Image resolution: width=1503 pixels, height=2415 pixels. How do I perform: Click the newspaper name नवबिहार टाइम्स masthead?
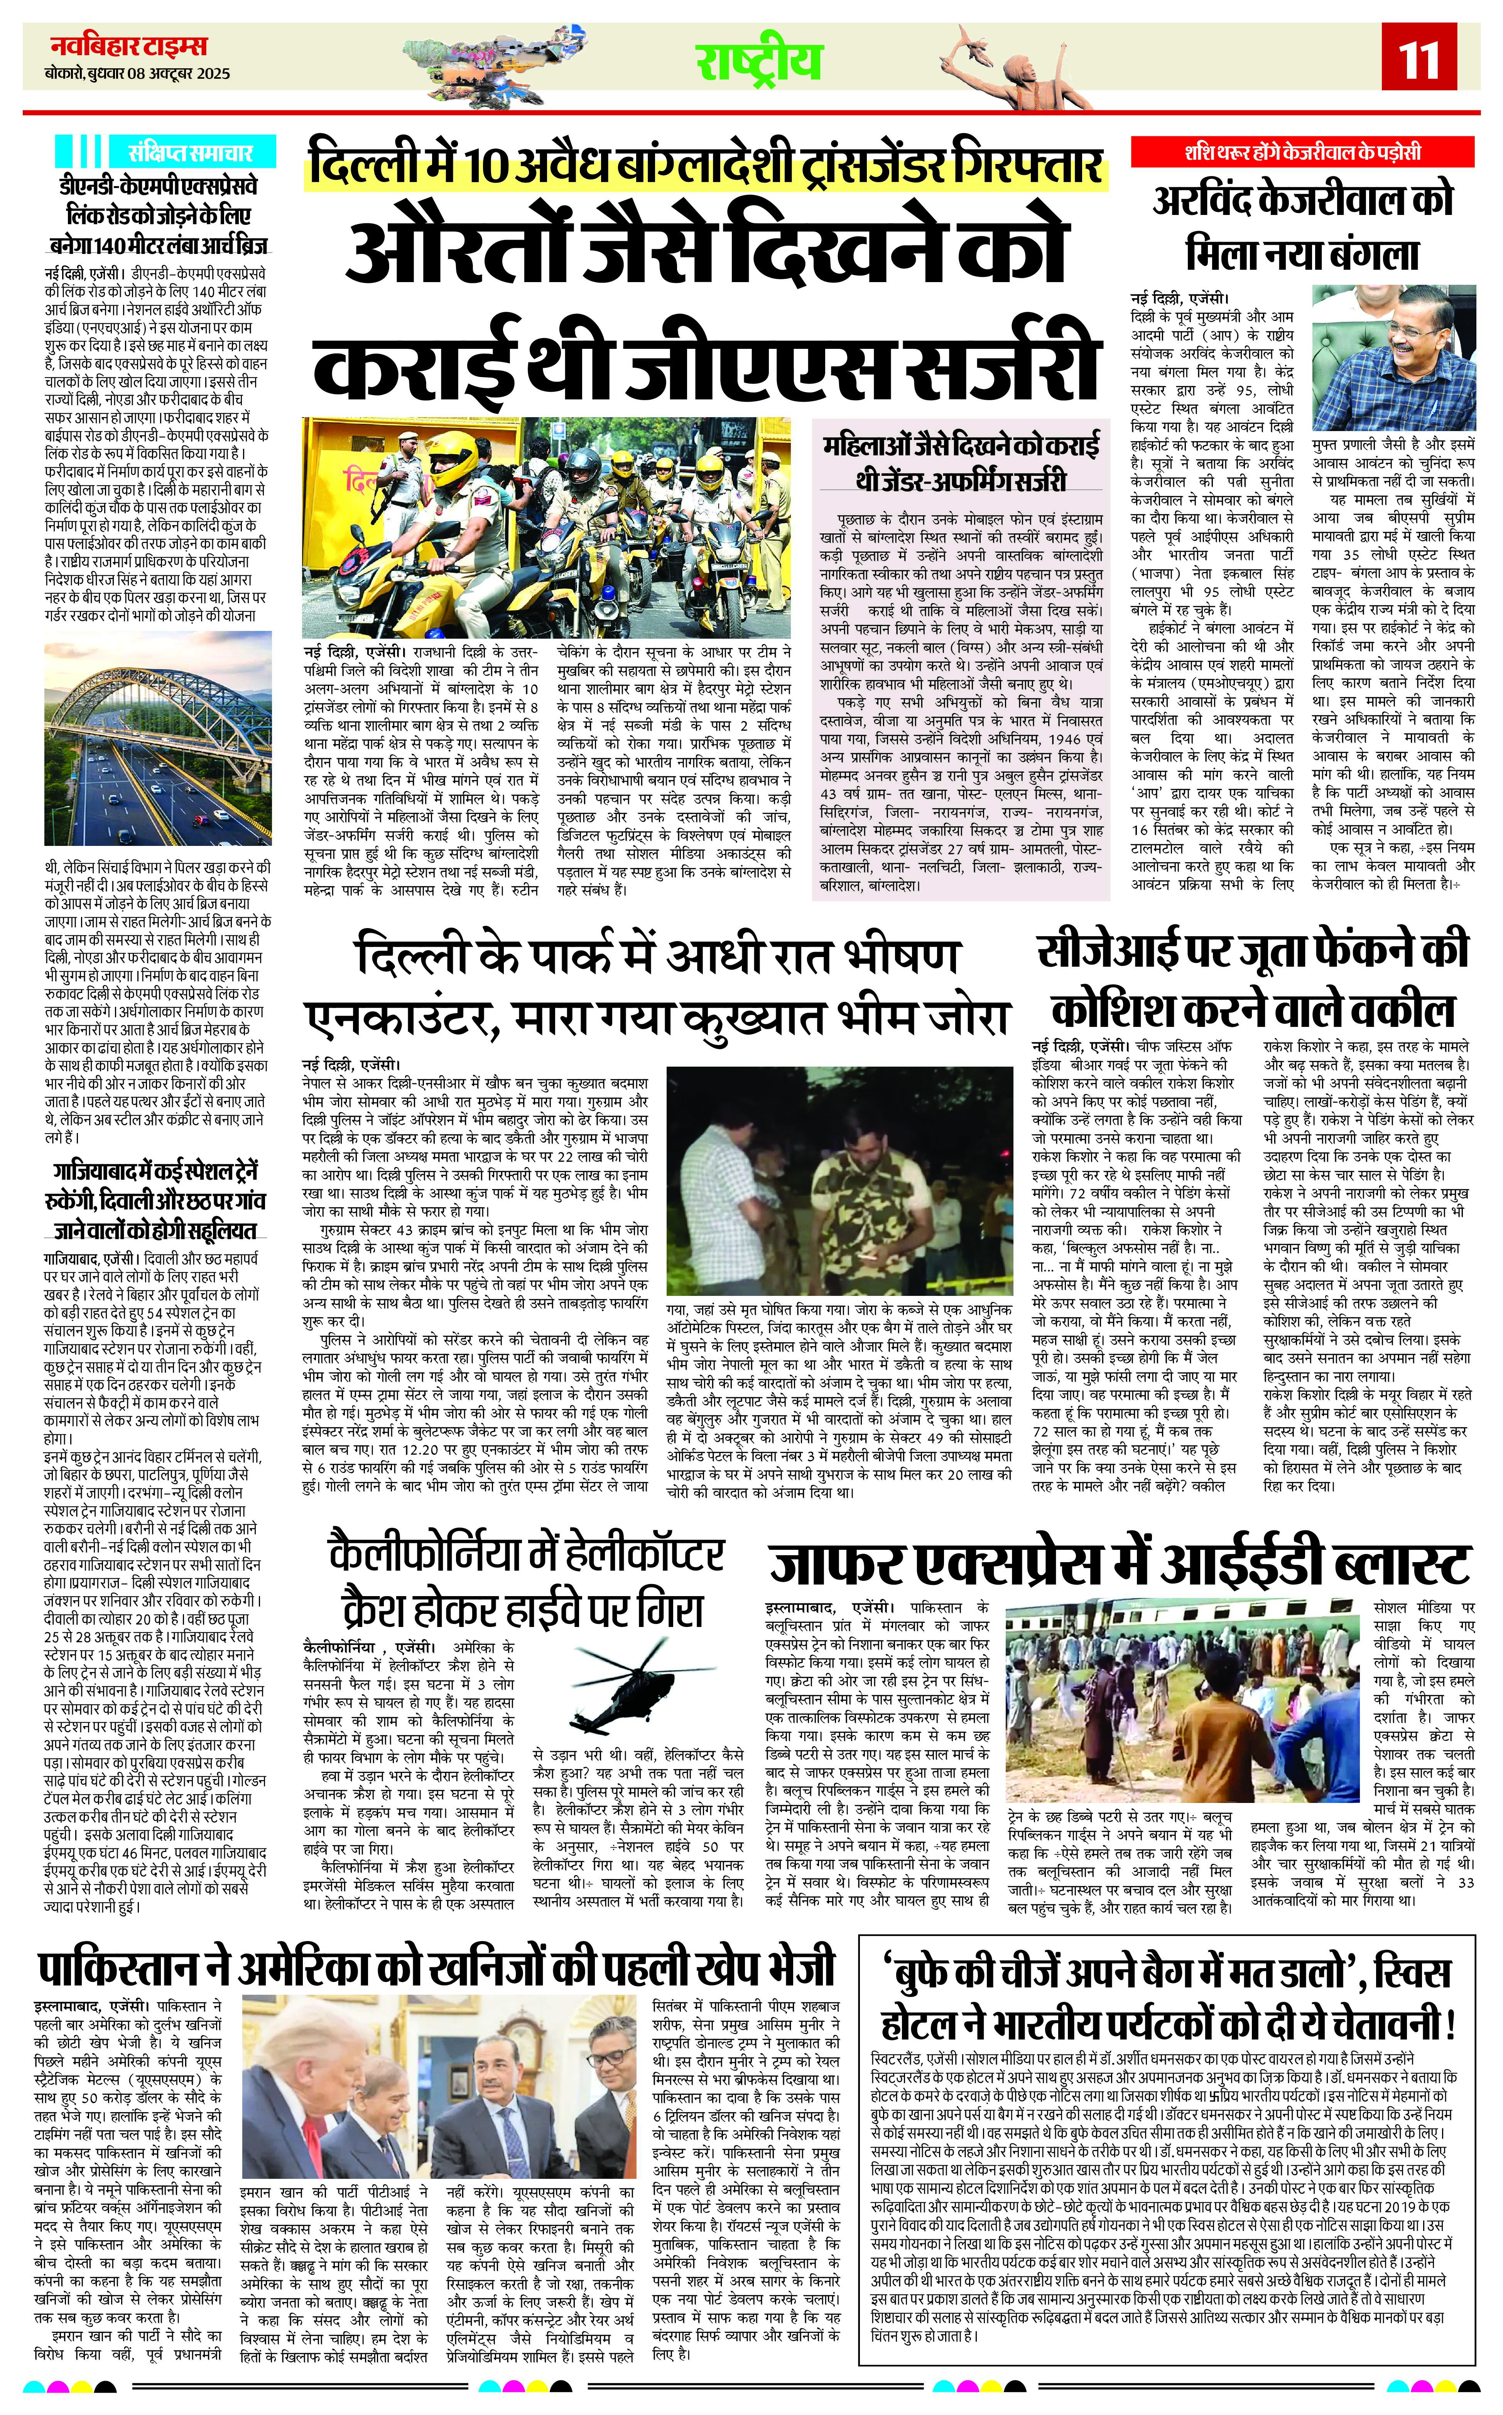129,46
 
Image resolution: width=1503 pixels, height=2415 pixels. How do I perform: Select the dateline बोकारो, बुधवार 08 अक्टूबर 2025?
137,74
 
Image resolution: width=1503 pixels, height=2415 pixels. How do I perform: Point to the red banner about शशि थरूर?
1302,152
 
